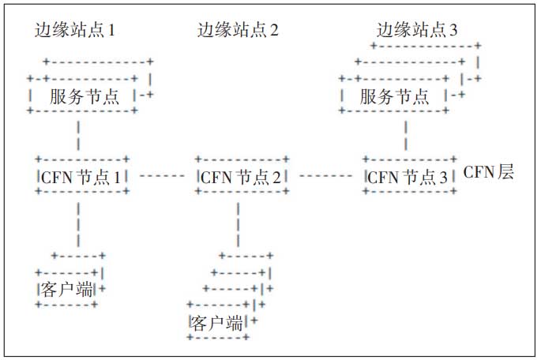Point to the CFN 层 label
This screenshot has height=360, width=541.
[x=488, y=173]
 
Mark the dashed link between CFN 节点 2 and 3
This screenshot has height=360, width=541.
[x=325, y=175]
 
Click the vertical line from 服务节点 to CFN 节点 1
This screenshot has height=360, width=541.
[x=79, y=134]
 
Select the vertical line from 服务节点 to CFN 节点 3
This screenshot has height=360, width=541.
[x=406, y=134]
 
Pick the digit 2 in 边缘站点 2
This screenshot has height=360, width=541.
[x=274, y=31]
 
